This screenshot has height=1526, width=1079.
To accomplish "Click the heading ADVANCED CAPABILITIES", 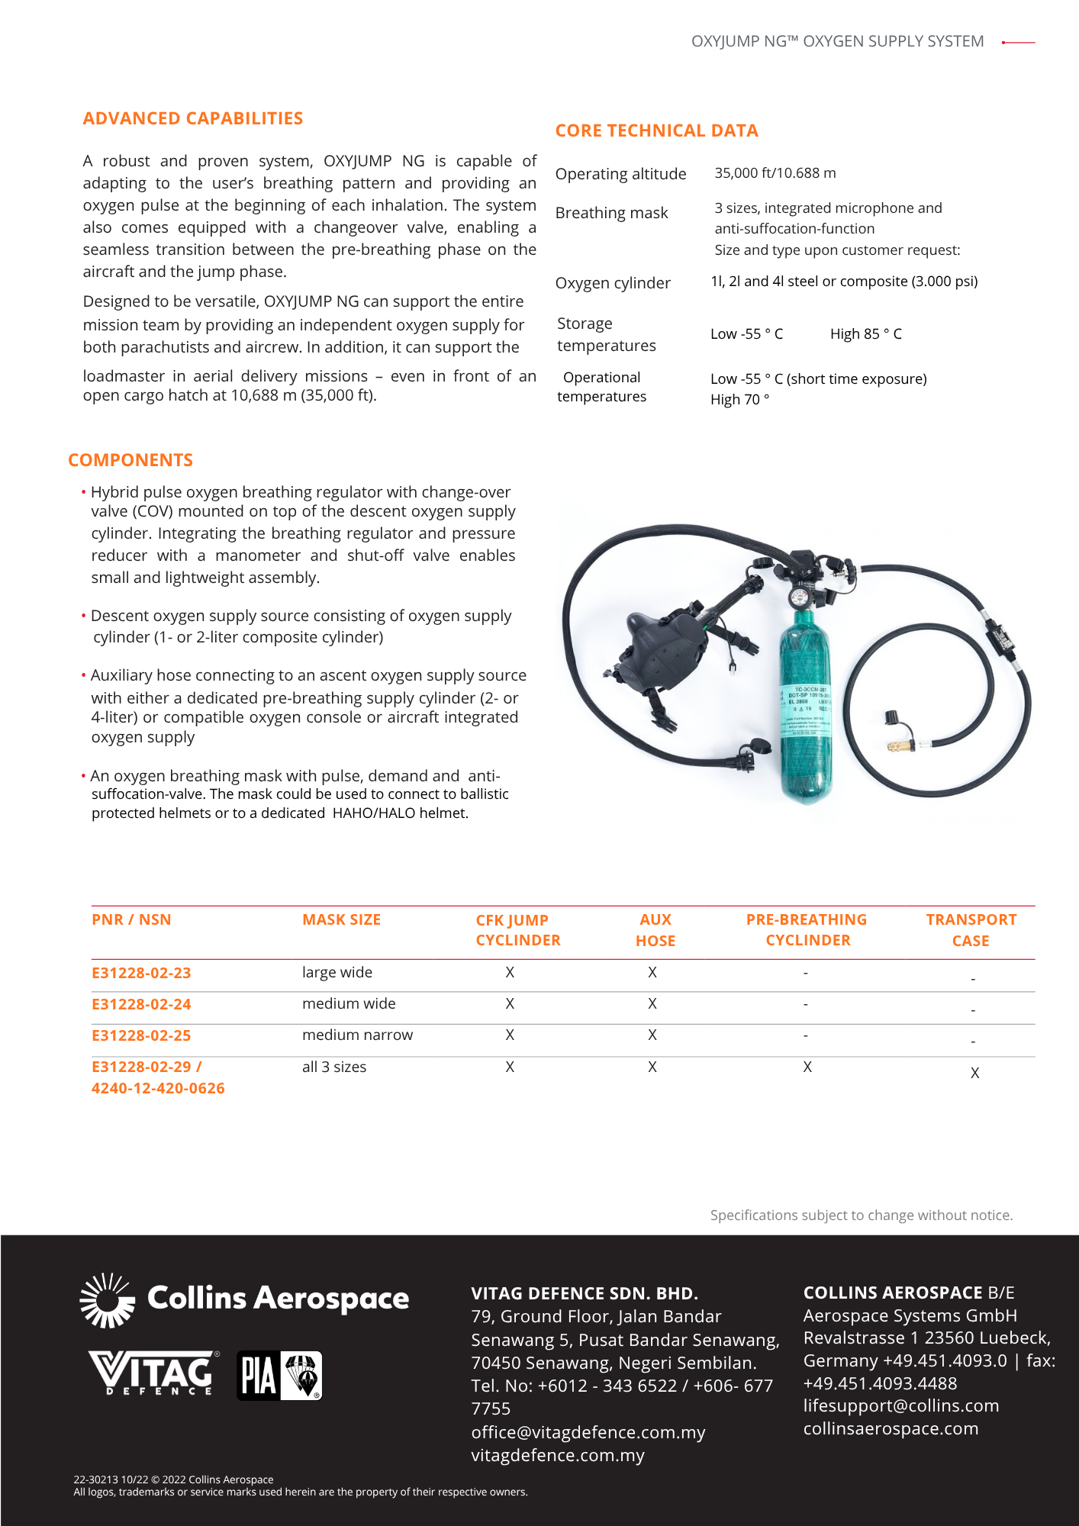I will tap(192, 118).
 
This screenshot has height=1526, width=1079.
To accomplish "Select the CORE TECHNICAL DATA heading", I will tap(656, 130).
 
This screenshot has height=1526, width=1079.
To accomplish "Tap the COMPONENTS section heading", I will tap(130, 460).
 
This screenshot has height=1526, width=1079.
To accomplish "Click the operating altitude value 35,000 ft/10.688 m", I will tap(775, 173).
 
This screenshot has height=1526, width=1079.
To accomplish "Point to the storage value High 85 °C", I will tap(865, 334).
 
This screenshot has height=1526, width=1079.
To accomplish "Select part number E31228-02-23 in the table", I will tap(141, 973).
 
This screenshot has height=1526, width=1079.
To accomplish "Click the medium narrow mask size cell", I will tap(357, 1035).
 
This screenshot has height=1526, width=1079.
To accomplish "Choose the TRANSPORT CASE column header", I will tap(971, 930).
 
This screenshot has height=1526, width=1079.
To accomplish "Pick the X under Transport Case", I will tap(974, 1073).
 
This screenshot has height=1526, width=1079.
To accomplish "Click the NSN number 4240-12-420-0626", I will tap(158, 1088).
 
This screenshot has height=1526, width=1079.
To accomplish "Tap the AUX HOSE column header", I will tap(655, 930).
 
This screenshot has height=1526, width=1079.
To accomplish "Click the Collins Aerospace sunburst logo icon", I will tap(108, 1299).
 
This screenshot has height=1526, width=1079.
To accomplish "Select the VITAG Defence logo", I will tap(153, 1373).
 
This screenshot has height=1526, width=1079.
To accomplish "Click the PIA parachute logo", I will tap(279, 1375).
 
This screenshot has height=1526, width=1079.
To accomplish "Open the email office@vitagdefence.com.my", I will tap(588, 1432).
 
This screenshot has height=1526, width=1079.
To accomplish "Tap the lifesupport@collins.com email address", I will tap(900, 1405).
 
